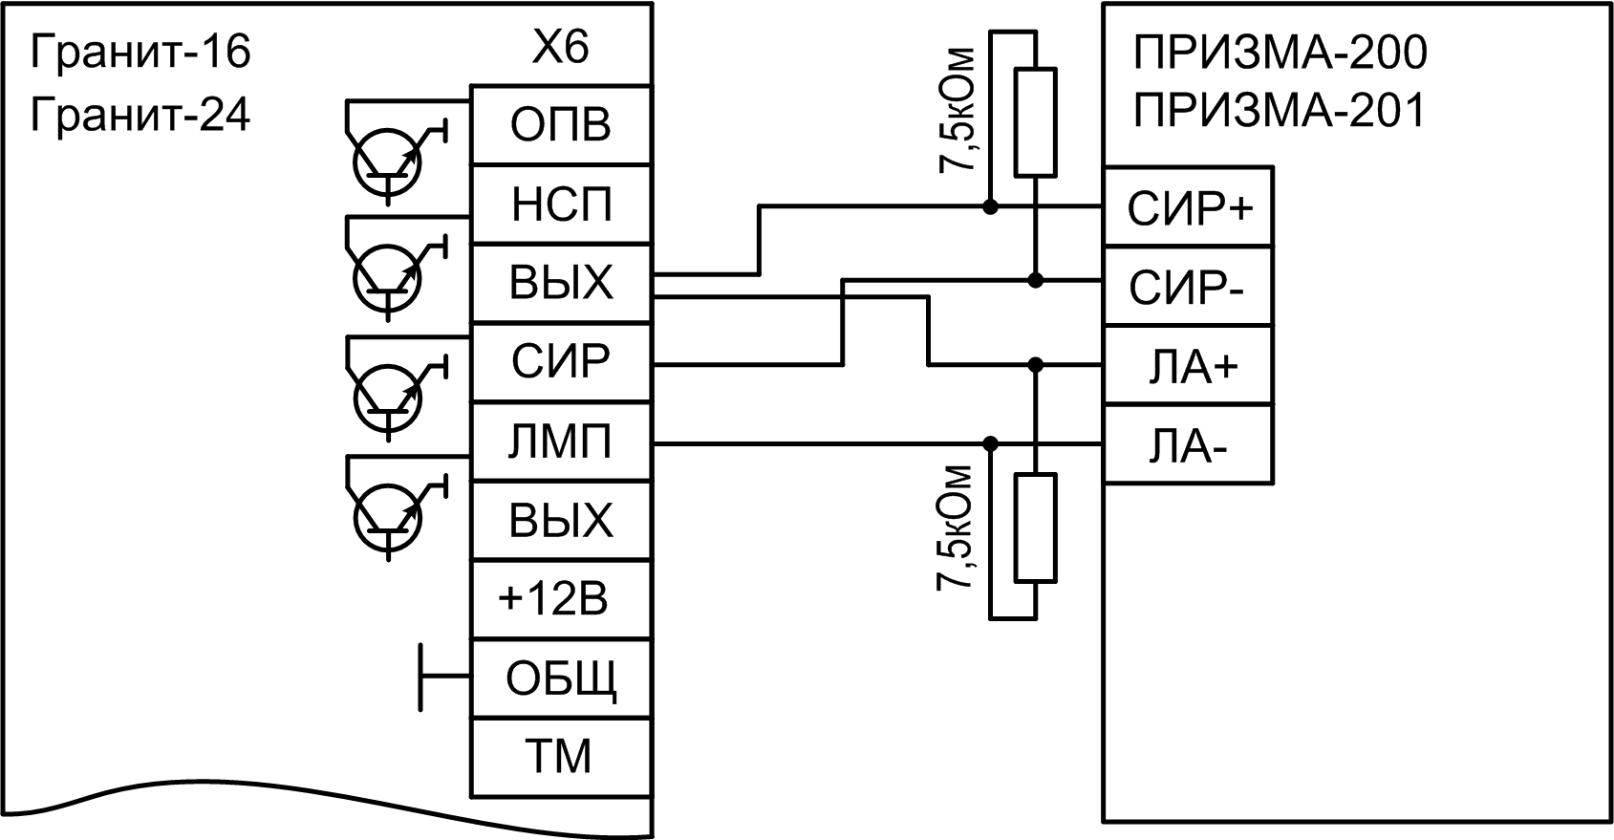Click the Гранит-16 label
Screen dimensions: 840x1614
click(140, 52)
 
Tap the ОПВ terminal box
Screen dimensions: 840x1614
click(561, 125)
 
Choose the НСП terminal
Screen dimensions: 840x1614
click(561, 205)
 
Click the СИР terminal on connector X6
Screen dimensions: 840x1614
click(561, 362)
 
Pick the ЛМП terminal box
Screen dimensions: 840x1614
click(561, 442)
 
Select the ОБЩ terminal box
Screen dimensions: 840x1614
click(561, 679)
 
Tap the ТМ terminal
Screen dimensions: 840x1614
click(561, 758)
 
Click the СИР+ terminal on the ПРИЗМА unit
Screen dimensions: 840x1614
click(1189, 207)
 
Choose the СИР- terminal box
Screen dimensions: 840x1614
click(1189, 287)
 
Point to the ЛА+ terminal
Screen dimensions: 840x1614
click(1189, 366)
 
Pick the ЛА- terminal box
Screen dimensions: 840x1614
click(1189, 445)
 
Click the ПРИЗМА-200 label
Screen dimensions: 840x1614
click(1280, 53)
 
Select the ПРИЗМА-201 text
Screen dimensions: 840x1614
click(1280, 110)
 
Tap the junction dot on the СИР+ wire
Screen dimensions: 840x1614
click(990, 206)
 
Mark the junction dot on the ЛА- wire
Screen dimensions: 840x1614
click(990, 443)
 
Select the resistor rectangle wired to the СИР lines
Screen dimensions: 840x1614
click(1035, 122)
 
